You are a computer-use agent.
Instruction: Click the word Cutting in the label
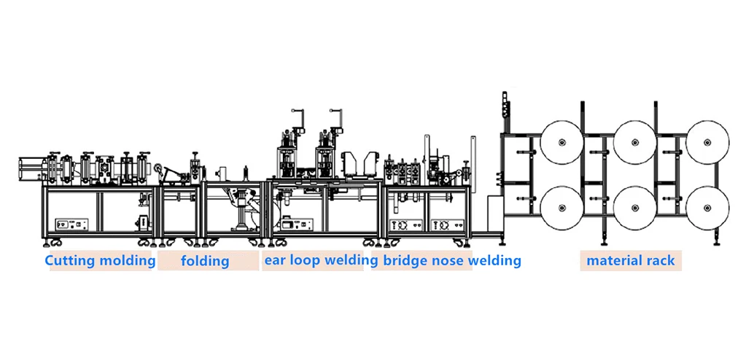coord(70,260)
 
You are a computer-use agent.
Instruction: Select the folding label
coord(205,260)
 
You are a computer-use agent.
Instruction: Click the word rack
coord(661,260)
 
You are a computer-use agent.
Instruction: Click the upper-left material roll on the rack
coord(562,141)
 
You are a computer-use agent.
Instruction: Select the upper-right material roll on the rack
coord(707,141)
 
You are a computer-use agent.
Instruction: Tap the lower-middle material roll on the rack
coord(634,208)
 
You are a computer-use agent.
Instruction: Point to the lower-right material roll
coord(707,208)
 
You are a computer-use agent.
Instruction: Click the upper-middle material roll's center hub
coord(634,141)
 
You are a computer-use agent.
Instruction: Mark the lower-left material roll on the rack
coord(562,208)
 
